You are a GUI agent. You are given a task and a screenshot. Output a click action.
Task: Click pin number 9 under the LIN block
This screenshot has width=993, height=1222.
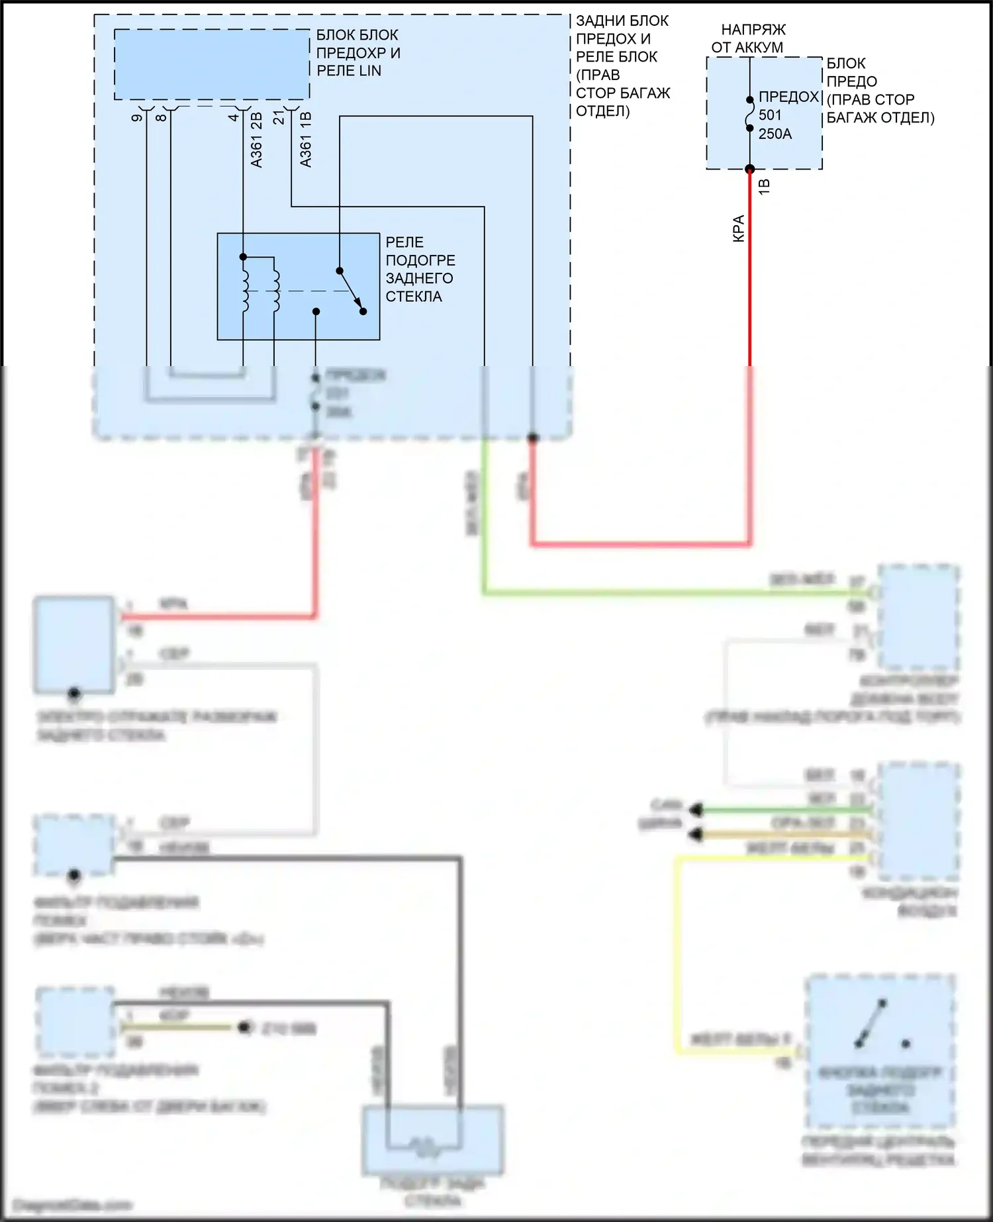pos(137,118)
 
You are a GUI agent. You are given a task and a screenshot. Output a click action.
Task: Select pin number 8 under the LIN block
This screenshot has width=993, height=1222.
pos(161,118)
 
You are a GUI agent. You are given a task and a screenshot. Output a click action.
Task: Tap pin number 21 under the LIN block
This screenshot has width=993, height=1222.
pos(279,117)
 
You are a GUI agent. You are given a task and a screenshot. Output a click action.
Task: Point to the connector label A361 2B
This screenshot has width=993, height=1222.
pos(257,140)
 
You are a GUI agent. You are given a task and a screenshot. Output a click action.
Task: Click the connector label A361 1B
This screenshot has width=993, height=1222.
pos(305,140)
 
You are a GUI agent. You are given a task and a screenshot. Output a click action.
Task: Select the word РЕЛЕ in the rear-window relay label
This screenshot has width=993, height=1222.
pos(404,242)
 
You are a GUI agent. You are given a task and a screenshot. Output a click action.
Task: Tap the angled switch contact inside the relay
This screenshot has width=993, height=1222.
pos(351,291)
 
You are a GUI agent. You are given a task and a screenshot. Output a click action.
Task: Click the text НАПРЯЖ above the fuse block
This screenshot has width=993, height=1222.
pos(753,30)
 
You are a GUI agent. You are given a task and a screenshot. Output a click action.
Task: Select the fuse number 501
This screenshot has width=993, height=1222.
pos(770,115)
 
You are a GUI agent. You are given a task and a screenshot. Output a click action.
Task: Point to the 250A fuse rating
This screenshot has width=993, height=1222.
pos(775,134)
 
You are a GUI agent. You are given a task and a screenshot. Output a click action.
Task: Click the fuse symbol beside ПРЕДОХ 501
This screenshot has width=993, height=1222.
pos(750,114)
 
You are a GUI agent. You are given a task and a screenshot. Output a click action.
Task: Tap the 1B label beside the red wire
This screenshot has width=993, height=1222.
pos(764,186)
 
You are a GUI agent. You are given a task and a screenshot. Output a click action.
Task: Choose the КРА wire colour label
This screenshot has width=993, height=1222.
pos(739,228)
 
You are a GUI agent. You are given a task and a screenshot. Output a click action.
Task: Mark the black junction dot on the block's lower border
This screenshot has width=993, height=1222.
pos(532,438)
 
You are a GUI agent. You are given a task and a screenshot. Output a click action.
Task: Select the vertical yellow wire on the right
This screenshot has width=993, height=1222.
pos(677,953)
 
